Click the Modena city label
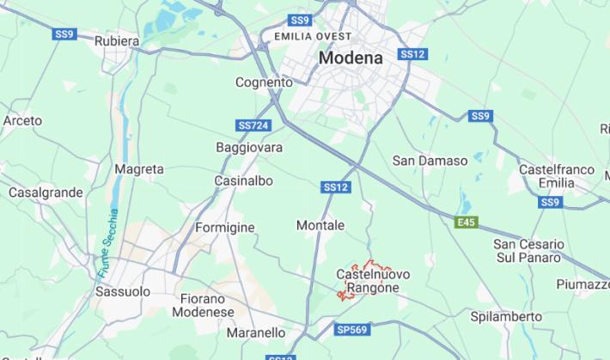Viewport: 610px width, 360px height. click(351, 58)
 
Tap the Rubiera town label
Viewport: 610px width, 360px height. click(117, 40)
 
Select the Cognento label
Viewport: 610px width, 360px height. click(264, 82)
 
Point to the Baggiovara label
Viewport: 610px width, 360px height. click(249, 148)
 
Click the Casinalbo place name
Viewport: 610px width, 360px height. click(243, 181)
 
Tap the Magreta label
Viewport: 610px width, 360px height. click(138, 169)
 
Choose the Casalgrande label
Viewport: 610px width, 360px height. click(46, 192)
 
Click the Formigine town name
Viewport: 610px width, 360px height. click(225, 228)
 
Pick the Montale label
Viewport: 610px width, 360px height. click(320, 225)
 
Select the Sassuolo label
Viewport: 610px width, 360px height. click(122, 291)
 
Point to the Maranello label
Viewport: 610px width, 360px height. click(256, 333)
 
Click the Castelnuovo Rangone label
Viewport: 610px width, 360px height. click(373, 281)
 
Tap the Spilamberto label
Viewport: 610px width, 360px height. click(506, 316)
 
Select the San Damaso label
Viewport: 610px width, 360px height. click(430, 161)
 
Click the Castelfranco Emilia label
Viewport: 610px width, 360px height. click(557, 176)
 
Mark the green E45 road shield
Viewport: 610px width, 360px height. click(466, 223)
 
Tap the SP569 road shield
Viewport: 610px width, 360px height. click(351, 329)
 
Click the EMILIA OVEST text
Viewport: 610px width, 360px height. click(313, 36)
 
